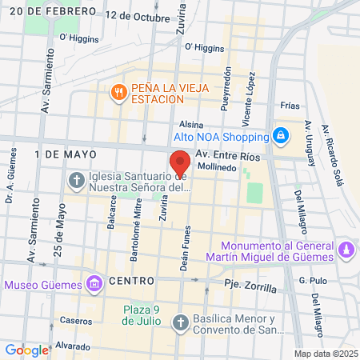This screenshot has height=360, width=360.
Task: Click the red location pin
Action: [180, 162]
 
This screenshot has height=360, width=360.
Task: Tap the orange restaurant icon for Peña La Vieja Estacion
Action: [118, 91]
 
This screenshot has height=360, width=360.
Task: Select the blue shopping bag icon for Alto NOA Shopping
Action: [280, 135]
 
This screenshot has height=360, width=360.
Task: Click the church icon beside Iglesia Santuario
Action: [77, 179]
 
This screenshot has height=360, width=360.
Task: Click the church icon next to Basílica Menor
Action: [180, 322]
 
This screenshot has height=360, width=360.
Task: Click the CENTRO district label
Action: [131, 281]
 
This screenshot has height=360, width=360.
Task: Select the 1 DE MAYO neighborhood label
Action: [66, 152]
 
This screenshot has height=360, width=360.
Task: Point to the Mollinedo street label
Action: [217, 168]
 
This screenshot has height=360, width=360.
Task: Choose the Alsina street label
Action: [191, 125]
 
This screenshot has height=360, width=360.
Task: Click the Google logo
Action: [27, 350]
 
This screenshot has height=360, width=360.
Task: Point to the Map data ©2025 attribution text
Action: [324, 354]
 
